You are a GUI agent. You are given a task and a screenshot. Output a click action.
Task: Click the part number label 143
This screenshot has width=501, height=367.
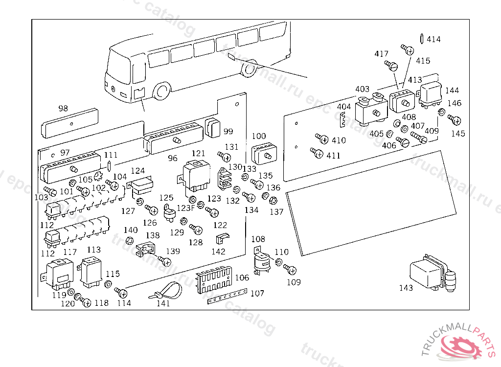pos(406,288)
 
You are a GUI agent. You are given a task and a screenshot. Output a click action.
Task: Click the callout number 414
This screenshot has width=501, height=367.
pos(433,39)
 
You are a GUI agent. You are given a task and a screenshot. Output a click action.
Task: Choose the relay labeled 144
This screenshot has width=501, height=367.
pos(431,94)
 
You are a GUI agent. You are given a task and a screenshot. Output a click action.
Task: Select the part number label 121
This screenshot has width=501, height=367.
pos(198,154)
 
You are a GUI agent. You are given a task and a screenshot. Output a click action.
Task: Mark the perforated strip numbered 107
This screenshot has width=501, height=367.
pos(226,298)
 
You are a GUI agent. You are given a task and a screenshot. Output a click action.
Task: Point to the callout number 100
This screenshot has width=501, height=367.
pos(259,136)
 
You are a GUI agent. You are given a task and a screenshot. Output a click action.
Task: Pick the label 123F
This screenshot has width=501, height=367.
pos(185,207)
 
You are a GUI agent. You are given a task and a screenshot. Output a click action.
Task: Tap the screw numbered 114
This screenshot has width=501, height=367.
pos(121,293)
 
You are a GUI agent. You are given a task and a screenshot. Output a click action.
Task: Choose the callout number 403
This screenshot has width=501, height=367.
pos(363,89)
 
